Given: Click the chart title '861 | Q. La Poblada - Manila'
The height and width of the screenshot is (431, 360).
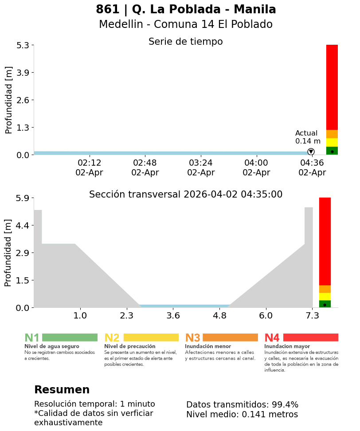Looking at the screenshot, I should [x=186, y=9].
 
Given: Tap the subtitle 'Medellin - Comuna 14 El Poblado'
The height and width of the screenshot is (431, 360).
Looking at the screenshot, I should [x=186, y=24].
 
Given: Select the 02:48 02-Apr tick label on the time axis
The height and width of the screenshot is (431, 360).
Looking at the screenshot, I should [x=145, y=168].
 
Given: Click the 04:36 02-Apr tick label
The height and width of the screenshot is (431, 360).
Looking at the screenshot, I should [x=312, y=168].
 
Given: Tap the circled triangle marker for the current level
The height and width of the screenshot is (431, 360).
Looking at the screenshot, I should [x=311, y=151].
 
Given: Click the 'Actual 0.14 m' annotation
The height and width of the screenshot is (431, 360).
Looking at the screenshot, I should [x=308, y=137].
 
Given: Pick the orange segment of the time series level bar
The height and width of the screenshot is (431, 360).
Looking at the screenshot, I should [x=332, y=134].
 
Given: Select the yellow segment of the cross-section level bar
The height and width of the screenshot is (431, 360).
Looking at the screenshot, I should [x=325, y=296].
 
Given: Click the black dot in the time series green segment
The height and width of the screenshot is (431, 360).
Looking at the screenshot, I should [x=332, y=151].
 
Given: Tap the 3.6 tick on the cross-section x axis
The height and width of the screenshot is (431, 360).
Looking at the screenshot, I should [x=173, y=316].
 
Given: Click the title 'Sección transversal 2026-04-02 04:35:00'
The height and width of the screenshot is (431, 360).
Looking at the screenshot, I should [x=186, y=194].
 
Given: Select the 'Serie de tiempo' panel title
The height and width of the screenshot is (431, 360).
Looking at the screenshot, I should [x=185, y=42].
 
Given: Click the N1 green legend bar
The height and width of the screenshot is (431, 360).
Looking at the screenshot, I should [x=70, y=338].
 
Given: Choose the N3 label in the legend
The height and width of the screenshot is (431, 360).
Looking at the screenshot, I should [x=192, y=338].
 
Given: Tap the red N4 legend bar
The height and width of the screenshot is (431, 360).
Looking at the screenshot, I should [x=310, y=338].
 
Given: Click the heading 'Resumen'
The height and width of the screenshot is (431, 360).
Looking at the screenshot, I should [x=62, y=390].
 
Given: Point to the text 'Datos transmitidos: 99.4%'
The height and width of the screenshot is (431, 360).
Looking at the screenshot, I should [x=242, y=404].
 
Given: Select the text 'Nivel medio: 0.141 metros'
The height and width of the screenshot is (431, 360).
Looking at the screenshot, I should [x=242, y=415].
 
